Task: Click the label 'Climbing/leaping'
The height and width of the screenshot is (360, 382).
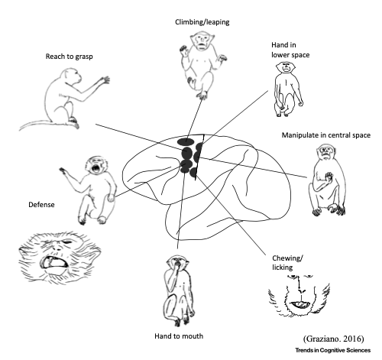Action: click(x=202, y=22)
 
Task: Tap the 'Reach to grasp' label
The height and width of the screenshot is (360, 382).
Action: click(x=69, y=57)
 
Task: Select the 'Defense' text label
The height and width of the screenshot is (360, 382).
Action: click(x=41, y=205)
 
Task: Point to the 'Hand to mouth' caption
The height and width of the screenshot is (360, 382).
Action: click(x=179, y=336)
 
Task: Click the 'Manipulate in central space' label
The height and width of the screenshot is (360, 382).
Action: click(x=326, y=135)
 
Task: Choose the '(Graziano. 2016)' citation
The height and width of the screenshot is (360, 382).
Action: click(x=334, y=339)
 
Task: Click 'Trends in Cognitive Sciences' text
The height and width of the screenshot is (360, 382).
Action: click(x=333, y=350)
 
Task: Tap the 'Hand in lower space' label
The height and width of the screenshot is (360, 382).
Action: click(x=290, y=50)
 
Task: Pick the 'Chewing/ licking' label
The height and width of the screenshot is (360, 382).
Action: click(x=287, y=263)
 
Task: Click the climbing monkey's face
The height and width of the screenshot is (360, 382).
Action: click(x=202, y=41)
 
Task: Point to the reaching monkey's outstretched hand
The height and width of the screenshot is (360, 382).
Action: click(x=105, y=79)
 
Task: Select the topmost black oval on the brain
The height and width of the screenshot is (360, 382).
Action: click(x=186, y=141)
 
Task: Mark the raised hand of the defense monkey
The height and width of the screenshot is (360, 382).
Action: click(x=63, y=171)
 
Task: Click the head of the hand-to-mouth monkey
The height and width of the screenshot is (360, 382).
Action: click(x=177, y=263)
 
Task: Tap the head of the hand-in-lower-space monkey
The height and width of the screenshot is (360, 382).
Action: click(x=286, y=67)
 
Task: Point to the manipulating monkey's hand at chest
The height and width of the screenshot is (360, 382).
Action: click(x=329, y=177)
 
